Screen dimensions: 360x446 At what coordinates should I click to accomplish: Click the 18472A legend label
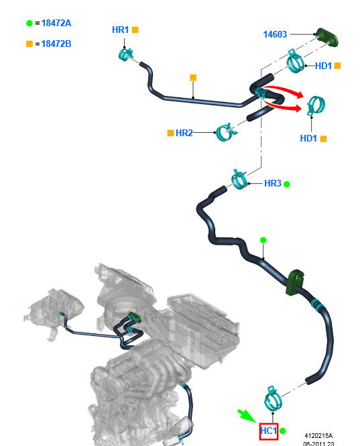click(x=56, y=23)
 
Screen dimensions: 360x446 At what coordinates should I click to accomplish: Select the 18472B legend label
click(x=56, y=44)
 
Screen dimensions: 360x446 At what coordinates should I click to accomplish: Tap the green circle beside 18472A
click(x=29, y=23)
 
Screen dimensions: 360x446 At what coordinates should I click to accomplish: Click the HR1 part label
click(x=120, y=30)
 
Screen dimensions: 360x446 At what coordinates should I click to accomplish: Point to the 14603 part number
click(x=275, y=34)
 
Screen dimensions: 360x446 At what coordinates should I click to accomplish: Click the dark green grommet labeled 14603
click(x=328, y=38)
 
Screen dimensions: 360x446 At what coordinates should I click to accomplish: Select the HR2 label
click(x=184, y=133)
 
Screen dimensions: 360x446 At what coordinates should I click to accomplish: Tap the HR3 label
click(x=272, y=184)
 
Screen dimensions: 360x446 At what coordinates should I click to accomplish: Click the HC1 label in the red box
click(x=268, y=431)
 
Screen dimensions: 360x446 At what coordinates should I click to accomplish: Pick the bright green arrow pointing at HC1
click(x=247, y=416)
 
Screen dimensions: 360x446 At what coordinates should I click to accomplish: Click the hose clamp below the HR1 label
click(x=125, y=54)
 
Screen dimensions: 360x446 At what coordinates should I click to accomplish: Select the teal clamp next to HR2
click(x=226, y=132)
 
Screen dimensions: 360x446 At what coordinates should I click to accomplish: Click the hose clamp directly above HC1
click(x=272, y=398)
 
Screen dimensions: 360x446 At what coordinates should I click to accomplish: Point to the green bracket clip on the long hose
click(x=295, y=282)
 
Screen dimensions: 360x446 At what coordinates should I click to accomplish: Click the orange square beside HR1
click(x=135, y=30)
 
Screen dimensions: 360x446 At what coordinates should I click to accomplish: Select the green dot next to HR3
click(x=287, y=184)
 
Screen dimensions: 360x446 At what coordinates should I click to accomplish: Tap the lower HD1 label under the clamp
click(x=308, y=139)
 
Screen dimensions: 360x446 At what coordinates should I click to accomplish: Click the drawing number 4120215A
click(x=318, y=435)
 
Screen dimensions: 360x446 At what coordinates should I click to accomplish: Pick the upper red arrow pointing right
click(x=282, y=91)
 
